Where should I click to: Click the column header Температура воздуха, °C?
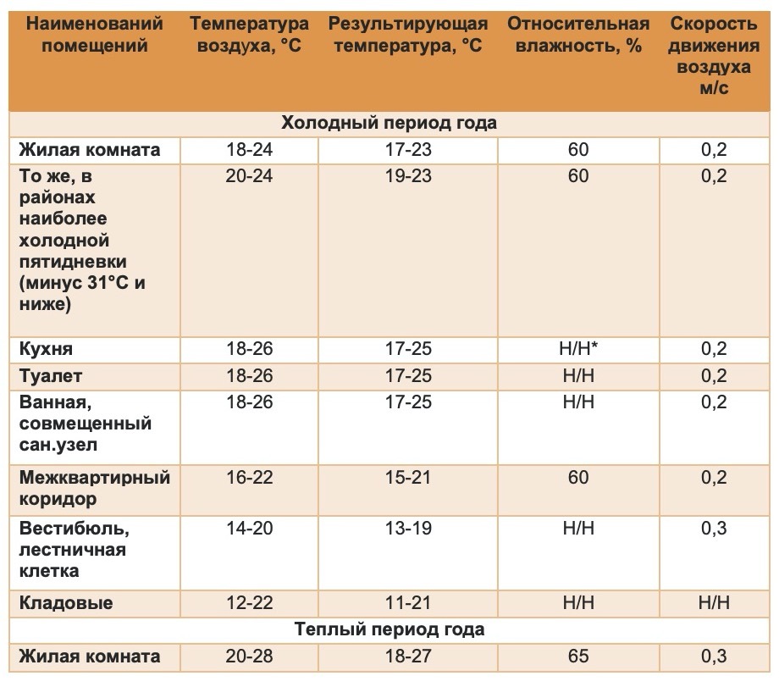click(249, 34)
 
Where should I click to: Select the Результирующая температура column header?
click(408, 34)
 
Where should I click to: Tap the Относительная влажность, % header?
click(578, 34)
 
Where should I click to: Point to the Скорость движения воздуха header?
click(714, 55)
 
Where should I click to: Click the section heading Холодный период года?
click(389, 123)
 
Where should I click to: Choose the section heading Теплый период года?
click(389, 629)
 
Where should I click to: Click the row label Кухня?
click(46, 349)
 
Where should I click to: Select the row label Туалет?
click(50, 376)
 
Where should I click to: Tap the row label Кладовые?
click(65, 603)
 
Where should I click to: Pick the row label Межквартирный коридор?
click(94, 488)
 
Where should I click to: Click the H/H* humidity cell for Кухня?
click(578, 349)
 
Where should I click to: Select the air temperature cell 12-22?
click(250, 603)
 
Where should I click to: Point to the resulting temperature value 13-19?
click(408, 528)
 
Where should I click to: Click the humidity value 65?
click(578, 657)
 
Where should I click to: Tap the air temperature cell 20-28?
click(250, 657)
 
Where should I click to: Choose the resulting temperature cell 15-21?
click(408, 478)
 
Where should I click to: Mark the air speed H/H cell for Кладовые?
click(714, 603)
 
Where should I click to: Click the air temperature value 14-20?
click(250, 528)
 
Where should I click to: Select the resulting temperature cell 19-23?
click(408, 176)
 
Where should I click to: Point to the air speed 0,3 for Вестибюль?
click(714, 528)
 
